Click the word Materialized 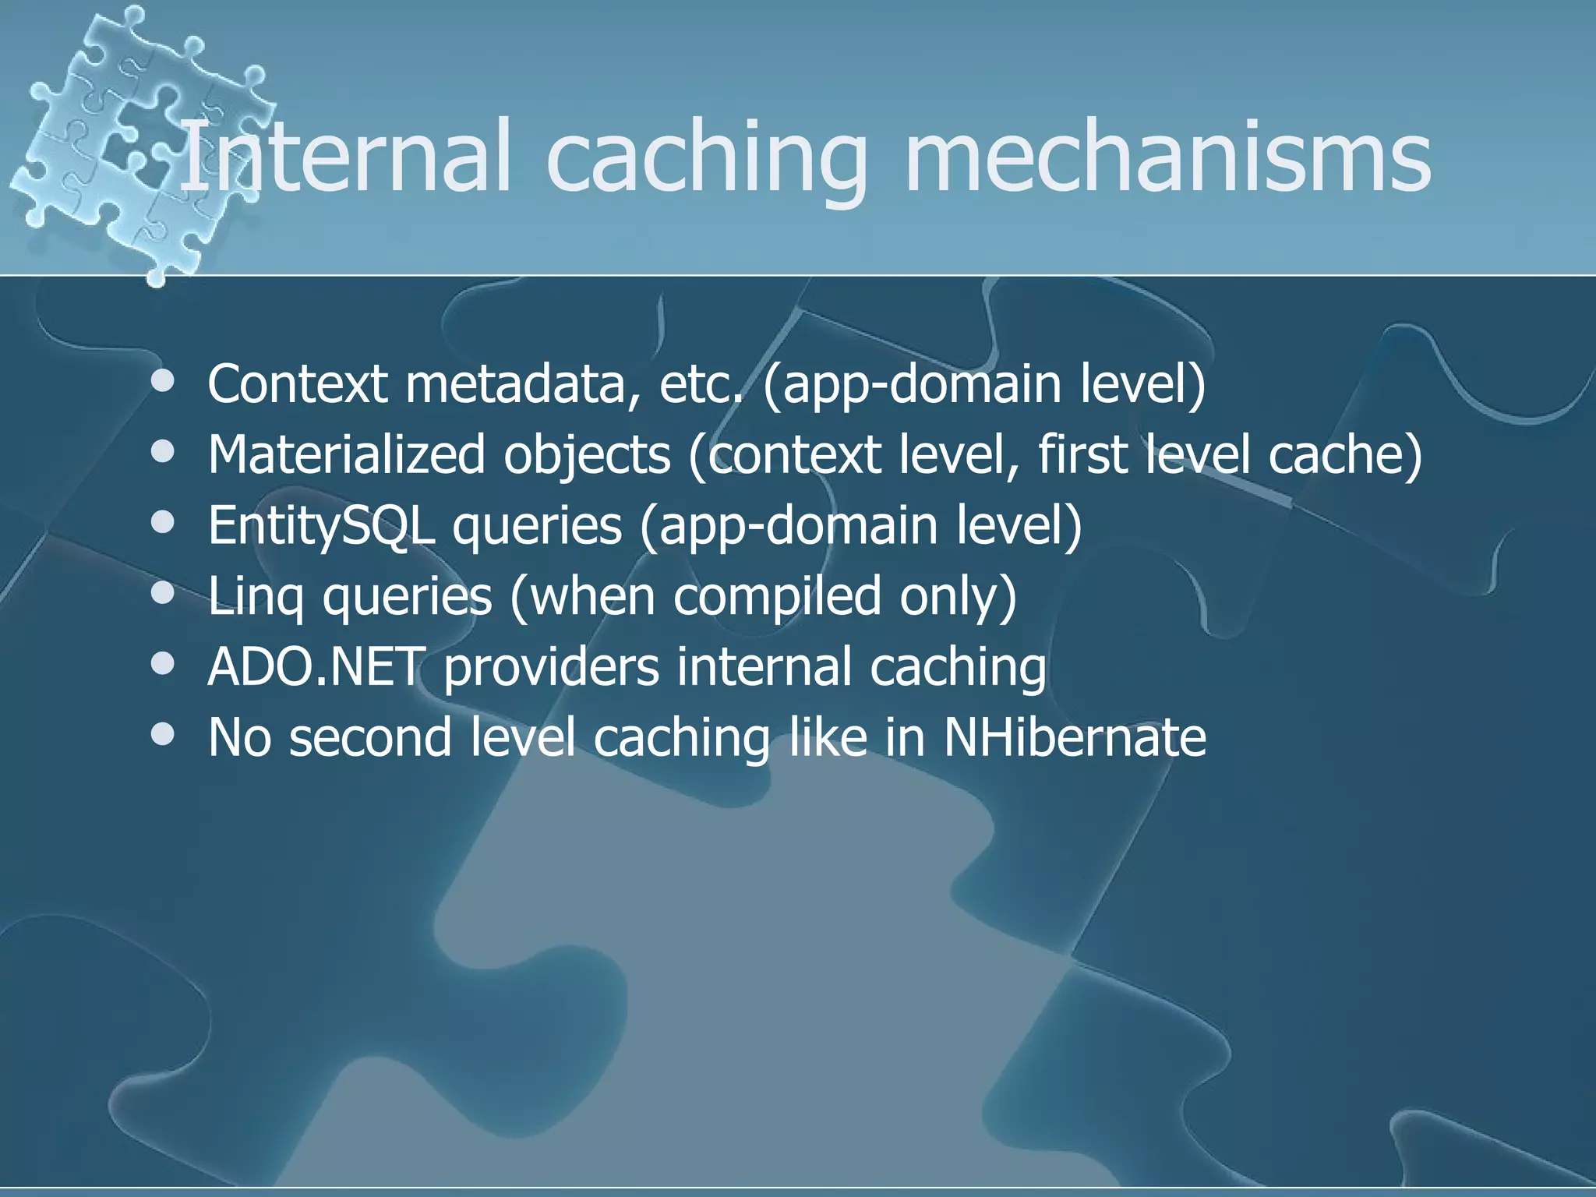coord(346,454)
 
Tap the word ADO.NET coord(315,667)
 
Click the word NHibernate coord(1075,737)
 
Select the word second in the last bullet coord(370,737)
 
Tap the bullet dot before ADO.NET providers coord(163,665)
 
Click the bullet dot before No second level coord(163,734)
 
